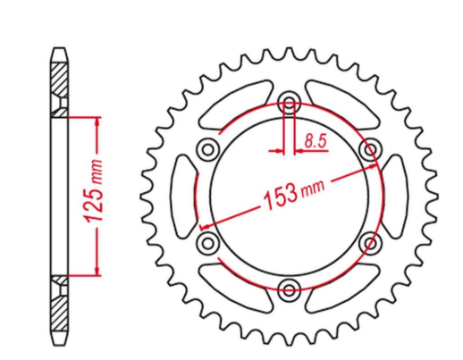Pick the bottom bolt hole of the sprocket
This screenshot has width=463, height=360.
coord(289,288)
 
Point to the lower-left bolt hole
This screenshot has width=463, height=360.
coord(207,241)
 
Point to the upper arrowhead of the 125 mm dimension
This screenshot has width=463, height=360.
coord(97,120)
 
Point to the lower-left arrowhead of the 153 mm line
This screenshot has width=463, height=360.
coord(203,225)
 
